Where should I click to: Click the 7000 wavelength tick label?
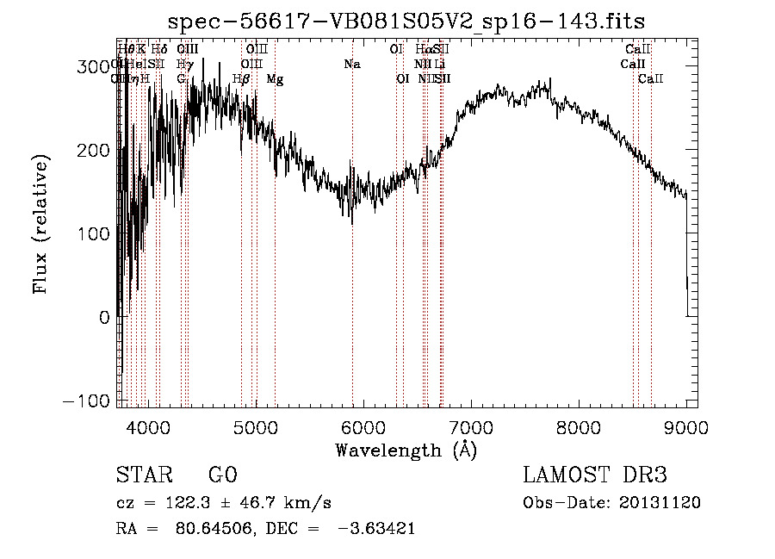(471, 426)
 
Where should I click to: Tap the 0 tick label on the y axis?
(105, 318)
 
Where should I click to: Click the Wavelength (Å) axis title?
(406, 450)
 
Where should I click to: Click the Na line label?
(351, 65)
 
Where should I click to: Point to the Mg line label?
(275, 79)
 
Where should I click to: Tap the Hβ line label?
(241, 79)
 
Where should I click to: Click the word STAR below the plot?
(143, 475)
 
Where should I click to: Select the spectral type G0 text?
(222, 475)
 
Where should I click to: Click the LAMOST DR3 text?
(595, 475)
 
